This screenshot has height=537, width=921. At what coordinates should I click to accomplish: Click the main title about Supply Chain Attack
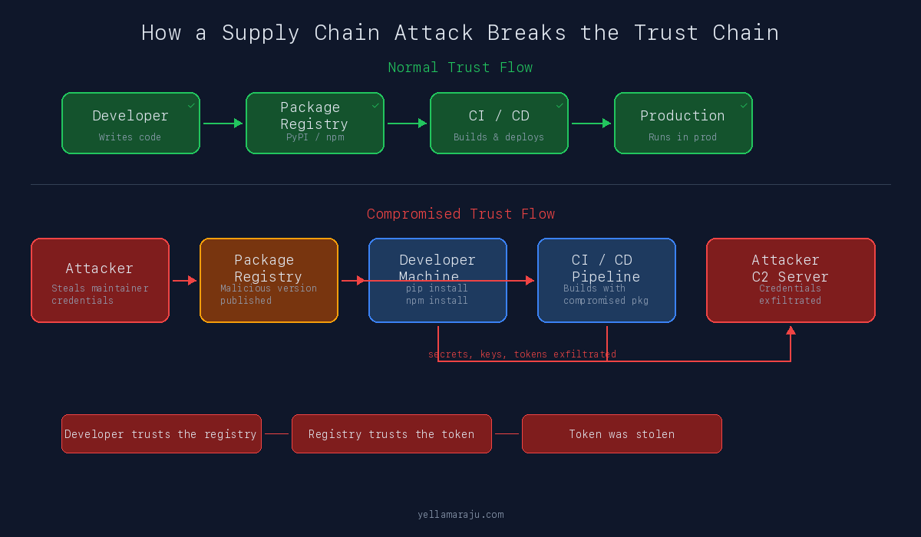(x=460, y=33)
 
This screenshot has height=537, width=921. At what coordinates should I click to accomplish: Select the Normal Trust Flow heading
(x=460, y=68)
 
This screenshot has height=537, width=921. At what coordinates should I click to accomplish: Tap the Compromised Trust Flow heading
(x=460, y=214)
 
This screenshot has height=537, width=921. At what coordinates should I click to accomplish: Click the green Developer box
(x=130, y=124)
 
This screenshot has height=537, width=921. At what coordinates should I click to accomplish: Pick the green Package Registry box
(x=315, y=124)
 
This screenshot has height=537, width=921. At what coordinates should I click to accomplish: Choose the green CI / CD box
(x=499, y=124)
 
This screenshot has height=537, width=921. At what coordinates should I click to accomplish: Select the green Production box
(x=683, y=124)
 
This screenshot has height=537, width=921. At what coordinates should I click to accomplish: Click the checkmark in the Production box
(x=744, y=105)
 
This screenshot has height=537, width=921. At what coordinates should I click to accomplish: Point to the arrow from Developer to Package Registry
(x=223, y=124)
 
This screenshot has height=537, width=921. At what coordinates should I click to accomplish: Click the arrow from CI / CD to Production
(x=591, y=124)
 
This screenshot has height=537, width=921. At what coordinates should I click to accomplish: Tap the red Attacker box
(x=100, y=281)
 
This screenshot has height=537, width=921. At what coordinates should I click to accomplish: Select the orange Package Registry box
(x=269, y=281)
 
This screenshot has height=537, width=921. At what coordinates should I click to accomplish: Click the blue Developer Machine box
(x=437, y=281)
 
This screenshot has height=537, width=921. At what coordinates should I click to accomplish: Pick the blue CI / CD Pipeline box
(x=606, y=281)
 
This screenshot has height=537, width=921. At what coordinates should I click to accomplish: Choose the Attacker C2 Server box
(x=791, y=281)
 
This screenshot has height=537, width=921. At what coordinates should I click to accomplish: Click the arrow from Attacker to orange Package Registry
(x=184, y=281)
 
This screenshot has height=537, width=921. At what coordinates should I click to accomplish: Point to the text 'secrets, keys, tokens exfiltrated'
(x=522, y=354)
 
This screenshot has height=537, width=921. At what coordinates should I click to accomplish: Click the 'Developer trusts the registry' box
(x=161, y=434)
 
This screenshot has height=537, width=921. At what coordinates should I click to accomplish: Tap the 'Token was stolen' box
(x=622, y=434)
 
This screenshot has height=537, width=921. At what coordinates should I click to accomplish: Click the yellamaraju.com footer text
(x=460, y=515)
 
